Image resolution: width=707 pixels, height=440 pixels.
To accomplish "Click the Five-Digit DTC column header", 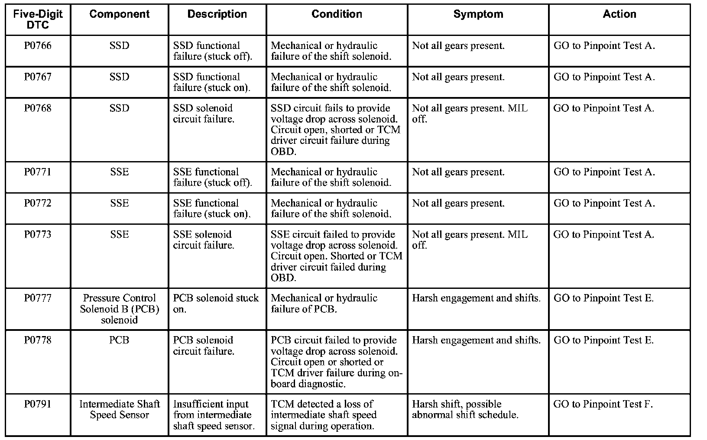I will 38,19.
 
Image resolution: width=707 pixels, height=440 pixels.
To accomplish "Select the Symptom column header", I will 478,14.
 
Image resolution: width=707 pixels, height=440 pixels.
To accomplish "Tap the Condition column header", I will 337,14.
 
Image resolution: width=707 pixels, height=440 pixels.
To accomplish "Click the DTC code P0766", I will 38,46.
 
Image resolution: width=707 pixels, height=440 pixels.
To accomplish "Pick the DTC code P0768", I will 38,108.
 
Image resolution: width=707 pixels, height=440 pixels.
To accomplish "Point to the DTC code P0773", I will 38,235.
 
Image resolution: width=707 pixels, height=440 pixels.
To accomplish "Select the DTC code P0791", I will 38,404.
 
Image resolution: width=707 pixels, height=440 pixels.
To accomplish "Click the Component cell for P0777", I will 119,309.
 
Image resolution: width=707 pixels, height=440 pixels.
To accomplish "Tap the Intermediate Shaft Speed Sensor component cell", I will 119,410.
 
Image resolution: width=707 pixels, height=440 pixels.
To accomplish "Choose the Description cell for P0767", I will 212,82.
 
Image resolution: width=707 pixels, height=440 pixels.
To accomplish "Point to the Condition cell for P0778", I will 336,362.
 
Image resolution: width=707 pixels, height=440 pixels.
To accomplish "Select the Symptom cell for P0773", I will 470,240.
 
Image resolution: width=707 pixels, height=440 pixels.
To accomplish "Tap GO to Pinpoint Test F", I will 603,404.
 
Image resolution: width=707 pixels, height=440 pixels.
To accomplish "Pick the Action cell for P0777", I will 603,298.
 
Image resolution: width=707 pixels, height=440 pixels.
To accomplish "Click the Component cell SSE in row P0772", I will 119,204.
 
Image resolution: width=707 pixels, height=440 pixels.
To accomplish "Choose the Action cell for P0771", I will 604,172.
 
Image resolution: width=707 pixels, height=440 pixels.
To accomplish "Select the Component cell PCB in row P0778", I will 119,340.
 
